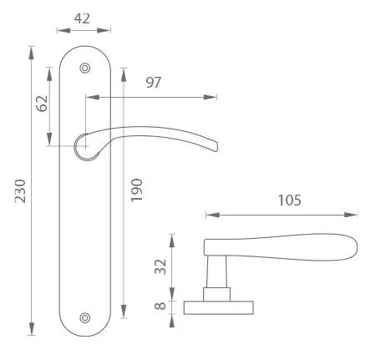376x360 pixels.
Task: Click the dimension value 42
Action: [x=82, y=18]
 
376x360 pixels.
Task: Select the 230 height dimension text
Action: [x=20, y=191]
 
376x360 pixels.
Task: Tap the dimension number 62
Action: [x=43, y=104]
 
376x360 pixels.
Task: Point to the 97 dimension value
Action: [x=154, y=83]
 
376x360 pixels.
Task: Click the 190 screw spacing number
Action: [x=136, y=190]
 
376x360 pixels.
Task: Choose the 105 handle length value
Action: [x=290, y=200]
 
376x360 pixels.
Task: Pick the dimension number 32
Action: [x=160, y=266]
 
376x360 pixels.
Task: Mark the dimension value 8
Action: [x=160, y=307]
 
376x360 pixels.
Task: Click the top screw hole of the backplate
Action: [x=85, y=68]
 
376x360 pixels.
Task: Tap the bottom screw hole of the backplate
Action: [x=85, y=318]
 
